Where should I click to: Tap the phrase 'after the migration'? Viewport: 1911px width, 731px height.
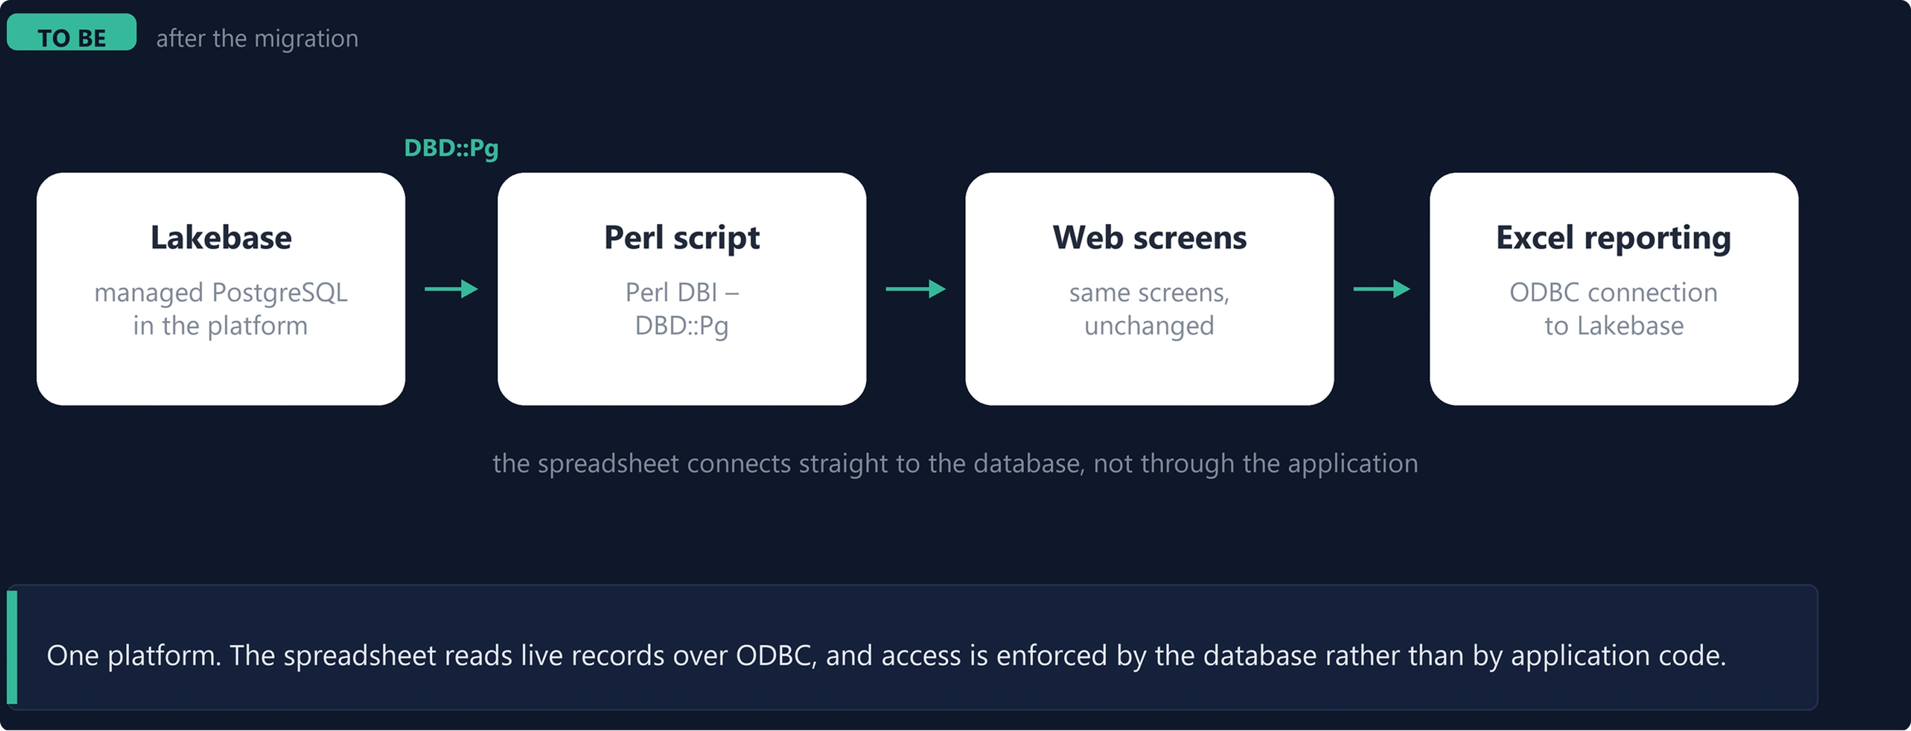[257, 38]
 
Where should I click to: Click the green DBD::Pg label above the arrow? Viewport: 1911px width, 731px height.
[451, 149]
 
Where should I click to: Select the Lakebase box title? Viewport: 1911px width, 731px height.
[221, 238]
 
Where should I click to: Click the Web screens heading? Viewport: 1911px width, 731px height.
[1149, 238]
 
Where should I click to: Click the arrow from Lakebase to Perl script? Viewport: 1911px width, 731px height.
[451, 289]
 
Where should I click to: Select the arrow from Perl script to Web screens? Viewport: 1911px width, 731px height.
[915, 289]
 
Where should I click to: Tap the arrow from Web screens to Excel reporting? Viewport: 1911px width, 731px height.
[1382, 289]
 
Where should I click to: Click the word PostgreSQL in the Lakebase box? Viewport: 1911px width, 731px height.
[280, 293]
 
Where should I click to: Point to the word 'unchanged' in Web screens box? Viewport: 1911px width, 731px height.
[1149, 327]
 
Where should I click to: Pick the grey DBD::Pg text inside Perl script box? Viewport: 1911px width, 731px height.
[682, 327]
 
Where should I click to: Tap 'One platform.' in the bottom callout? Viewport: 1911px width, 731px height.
[134, 656]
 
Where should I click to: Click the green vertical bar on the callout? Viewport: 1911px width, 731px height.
[12, 647]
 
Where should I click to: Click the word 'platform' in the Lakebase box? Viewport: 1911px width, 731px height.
[258, 327]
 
